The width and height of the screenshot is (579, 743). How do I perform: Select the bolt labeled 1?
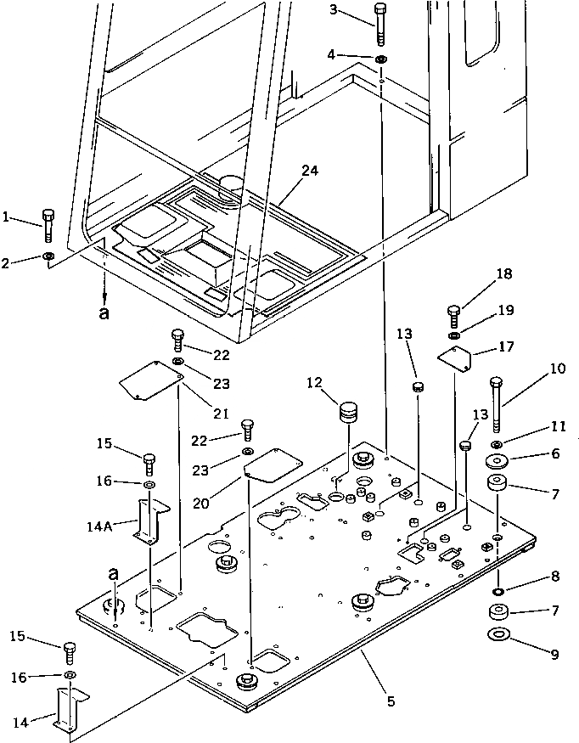tap(48, 225)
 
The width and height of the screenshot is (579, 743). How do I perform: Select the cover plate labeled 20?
tap(272, 463)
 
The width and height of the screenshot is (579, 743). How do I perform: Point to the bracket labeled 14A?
tap(150, 519)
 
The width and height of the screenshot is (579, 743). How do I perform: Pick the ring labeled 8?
tap(497, 590)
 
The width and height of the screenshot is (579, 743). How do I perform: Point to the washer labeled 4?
tap(381, 59)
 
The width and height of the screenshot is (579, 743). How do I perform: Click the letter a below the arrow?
tap(104, 312)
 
